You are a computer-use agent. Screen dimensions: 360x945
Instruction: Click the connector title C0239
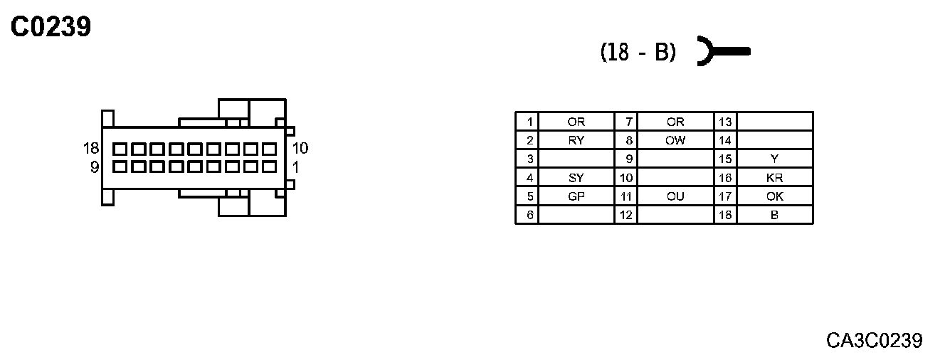tap(51, 27)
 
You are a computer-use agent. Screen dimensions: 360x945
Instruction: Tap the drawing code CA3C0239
tap(874, 340)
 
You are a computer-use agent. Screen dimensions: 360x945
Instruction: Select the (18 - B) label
tap(638, 52)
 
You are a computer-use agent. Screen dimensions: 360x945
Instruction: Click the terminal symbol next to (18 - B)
tap(722, 51)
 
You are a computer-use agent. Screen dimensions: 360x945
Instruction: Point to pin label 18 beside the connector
tap(91, 149)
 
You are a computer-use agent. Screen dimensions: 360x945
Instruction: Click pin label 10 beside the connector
tap(300, 149)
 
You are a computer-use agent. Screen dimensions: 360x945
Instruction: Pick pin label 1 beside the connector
tap(295, 167)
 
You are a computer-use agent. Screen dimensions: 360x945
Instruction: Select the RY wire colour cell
tap(576, 140)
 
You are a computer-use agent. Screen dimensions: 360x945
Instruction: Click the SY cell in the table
tap(576, 178)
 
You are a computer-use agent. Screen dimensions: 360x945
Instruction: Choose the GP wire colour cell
tap(576, 196)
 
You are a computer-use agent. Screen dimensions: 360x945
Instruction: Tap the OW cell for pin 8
tap(675, 140)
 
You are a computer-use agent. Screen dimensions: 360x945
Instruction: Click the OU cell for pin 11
tap(675, 196)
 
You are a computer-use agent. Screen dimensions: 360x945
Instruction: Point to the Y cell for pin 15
tap(774, 159)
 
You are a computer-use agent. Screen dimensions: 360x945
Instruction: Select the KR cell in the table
tap(774, 178)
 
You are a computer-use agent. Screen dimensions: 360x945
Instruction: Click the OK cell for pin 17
tap(774, 196)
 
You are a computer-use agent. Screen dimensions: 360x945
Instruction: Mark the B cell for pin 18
tap(774, 215)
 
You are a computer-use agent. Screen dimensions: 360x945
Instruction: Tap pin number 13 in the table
tap(725, 122)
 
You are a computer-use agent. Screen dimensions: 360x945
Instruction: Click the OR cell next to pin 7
tap(675, 122)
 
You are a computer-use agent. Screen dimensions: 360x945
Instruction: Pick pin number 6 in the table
tap(527, 215)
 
